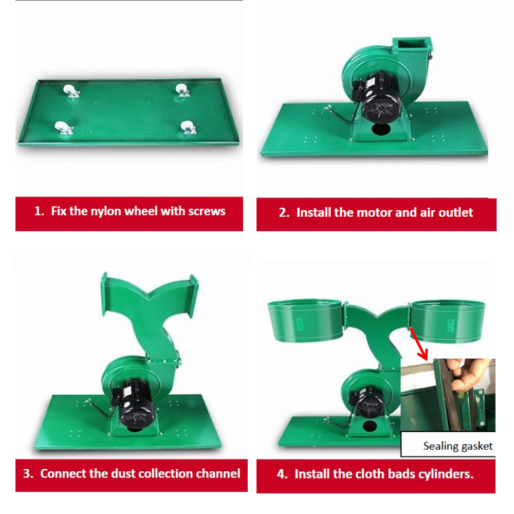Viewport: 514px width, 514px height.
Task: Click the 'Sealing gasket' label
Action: click(x=457, y=446)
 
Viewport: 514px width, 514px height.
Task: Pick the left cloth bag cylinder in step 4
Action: click(x=306, y=320)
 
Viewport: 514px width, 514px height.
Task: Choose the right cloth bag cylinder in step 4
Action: click(x=448, y=321)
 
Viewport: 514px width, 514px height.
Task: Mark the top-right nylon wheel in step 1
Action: click(x=182, y=90)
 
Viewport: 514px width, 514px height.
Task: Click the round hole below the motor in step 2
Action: click(x=380, y=129)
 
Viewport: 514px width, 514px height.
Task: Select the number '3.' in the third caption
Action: click(x=28, y=473)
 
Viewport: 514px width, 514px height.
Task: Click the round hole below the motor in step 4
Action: click(x=370, y=427)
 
